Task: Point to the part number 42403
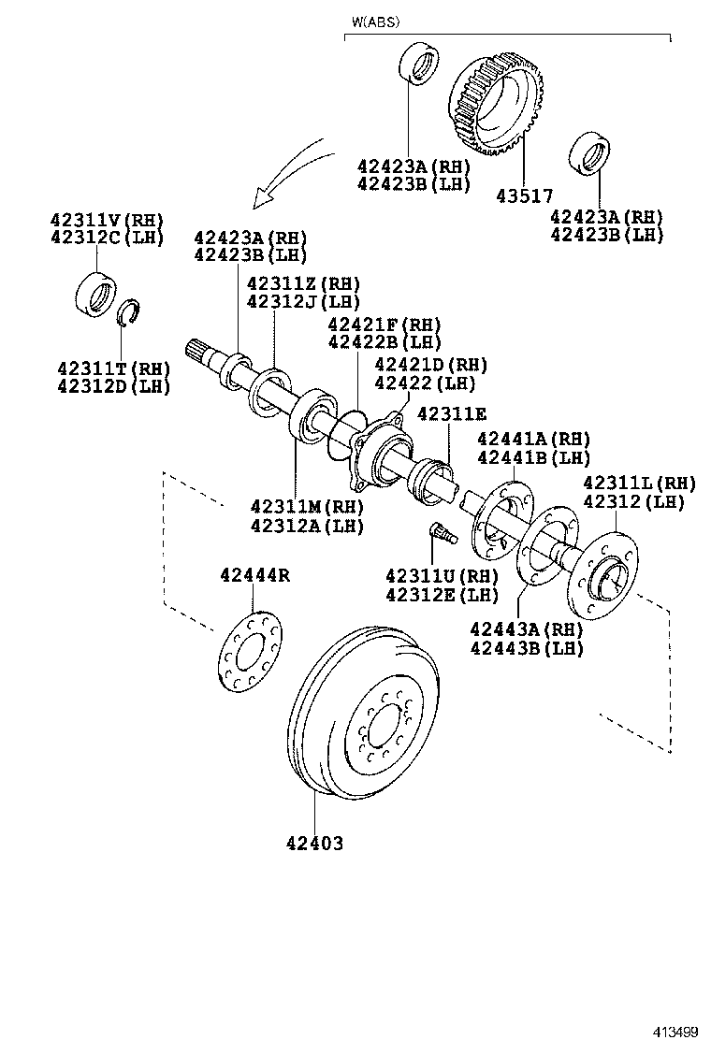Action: tap(314, 844)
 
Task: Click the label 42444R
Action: tap(254, 575)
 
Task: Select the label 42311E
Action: tap(452, 413)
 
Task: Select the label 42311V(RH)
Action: tap(106, 220)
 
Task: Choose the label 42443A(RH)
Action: tap(526, 629)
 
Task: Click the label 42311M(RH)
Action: tap(306, 507)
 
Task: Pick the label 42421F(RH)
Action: tap(384, 324)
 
